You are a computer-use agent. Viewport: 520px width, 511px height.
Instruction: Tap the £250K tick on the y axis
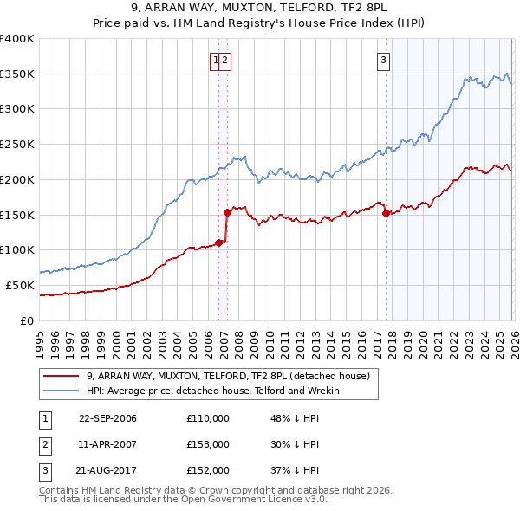17,144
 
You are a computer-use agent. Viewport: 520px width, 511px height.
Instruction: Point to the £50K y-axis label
20,285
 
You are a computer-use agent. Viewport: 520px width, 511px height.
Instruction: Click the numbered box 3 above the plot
383,60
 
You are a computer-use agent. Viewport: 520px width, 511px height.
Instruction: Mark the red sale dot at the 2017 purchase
386,213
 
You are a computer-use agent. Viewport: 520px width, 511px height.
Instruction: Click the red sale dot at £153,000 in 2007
227,211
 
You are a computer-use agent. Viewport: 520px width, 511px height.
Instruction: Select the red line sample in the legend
62,377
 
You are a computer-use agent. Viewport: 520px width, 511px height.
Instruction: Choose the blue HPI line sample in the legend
62,391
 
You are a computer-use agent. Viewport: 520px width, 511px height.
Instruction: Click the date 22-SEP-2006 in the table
107,417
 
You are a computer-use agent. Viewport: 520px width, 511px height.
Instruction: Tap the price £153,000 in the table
207,444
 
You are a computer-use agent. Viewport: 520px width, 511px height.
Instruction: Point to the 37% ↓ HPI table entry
295,471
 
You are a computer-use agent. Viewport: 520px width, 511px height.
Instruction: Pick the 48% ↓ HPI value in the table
295,417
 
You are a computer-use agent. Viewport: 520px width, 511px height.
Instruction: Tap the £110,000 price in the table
207,417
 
